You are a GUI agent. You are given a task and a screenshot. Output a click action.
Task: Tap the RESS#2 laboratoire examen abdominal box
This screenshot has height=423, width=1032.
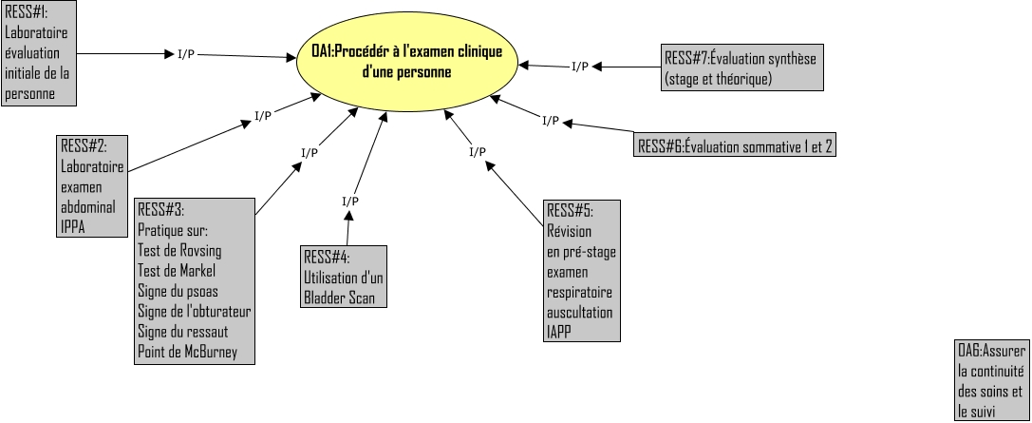[x=91, y=185]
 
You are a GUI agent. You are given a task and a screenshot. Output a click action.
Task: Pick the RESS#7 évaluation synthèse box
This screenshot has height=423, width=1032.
[x=742, y=68]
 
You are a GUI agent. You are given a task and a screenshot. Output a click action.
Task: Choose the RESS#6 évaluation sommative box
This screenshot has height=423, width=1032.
[x=736, y=145]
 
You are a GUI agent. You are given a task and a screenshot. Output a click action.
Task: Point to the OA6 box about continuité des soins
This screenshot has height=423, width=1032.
[x=992, y=381]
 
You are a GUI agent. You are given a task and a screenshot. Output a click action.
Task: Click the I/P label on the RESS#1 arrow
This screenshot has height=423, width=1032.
[x=187, y=53]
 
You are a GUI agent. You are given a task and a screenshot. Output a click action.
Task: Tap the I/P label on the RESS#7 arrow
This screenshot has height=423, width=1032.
[x=579, y=66]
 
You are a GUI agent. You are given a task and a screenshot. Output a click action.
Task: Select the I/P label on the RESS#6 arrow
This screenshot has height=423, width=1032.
[x=550, y=121]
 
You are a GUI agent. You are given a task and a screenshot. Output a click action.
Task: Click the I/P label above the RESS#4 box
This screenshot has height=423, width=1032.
[x=350, y=202]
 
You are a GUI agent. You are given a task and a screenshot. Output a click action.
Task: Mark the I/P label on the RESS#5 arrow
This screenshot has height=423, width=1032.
[x=478, y=151]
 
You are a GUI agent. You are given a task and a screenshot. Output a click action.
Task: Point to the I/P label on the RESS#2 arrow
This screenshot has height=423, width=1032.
[x=263, y=116]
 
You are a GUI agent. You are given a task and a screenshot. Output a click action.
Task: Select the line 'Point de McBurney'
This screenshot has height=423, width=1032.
[x=188, y=353]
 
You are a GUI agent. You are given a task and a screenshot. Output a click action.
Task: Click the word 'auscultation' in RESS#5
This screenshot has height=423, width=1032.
[x=579, y=312]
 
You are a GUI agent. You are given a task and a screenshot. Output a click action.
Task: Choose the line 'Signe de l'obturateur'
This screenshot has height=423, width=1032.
[x=194, y=312]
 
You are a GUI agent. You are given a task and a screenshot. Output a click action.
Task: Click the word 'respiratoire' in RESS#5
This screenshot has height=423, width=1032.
[x=579, y=292]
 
